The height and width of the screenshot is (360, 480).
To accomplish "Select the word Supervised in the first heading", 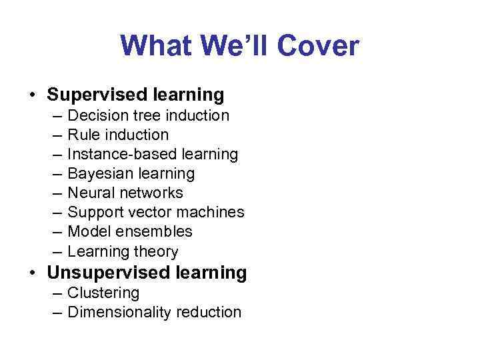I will (x=97, y=94).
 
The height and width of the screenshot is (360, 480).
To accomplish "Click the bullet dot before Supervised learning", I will (x=33, y=95).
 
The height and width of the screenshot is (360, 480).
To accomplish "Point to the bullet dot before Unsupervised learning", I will (x=33, y=273).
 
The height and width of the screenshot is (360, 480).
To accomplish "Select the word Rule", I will (x=82, y=135).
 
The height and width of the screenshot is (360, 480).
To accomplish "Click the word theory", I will (x=156, y=251).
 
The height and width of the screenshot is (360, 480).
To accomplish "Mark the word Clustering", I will (x=103, y=293).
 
